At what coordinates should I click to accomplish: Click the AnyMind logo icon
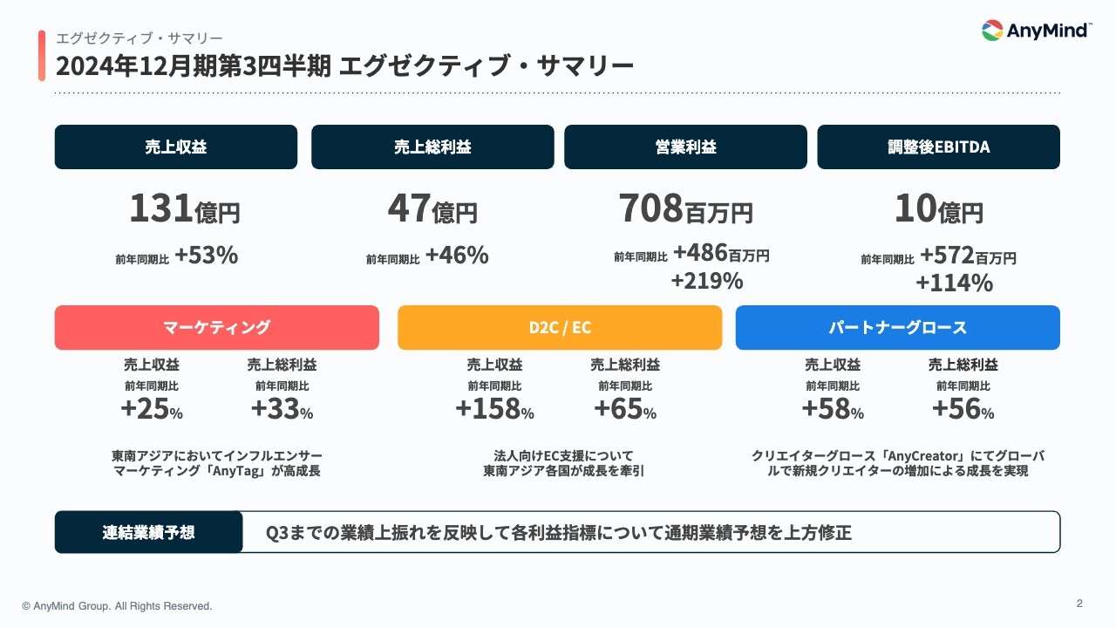click(x=992, y=31)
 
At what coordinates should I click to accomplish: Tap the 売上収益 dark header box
click(x=176, y=147)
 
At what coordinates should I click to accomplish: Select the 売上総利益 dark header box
click(x=432, y=147)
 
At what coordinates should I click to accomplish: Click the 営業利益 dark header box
click(x=685, y=147)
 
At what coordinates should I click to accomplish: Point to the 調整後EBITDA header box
click(x=938, y=147)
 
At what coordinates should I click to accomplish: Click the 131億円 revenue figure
click(x=184, y=209)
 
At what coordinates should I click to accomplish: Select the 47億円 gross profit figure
click(x=432, y=209)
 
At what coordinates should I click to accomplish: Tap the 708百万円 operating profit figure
click(x=685, y=209)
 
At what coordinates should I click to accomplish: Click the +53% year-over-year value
click(x=206, y=256)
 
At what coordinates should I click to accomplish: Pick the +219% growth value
click(x=707, y=281)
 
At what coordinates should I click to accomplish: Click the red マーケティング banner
click(x=217, y=327)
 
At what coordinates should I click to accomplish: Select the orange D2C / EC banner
click(x=560, y=327)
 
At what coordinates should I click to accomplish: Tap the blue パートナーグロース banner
click(x=898, y=327)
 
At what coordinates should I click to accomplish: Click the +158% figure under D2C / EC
click(x=494, y=409)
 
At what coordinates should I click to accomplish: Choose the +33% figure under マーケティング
click(x=282, y=409)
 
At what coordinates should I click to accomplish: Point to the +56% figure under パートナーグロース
click(x=963, y=409)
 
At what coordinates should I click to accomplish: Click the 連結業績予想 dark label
click(x=148, y=532)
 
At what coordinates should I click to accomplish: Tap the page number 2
click(x=1079, y=603)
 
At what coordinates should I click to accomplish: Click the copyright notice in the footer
click(x=117, y=605)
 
